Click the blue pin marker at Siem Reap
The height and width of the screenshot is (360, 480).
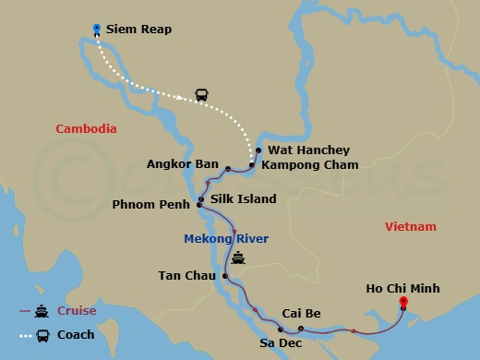click(97, 30)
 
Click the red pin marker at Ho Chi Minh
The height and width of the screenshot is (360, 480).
click(402, 302)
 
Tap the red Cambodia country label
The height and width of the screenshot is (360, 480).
click(86, 128)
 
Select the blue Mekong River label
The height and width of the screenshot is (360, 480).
click(226, 239)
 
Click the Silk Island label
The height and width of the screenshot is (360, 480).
click(243, 198)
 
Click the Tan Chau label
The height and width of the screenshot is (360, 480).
click(188, 275)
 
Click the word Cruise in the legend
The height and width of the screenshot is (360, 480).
click(77, 310)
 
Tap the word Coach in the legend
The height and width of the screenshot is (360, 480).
click(76, 334)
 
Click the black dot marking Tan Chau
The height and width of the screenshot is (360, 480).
click(225, 275)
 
